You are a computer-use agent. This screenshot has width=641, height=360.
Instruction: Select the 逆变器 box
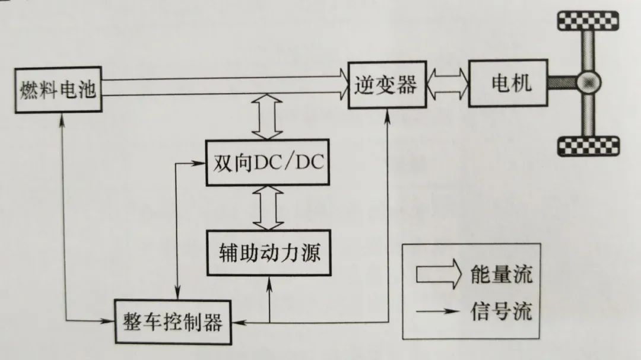click(386, 85)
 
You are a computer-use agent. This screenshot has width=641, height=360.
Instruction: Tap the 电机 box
click(507, 82)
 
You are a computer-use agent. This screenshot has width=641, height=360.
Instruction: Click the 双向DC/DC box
click(267, 163)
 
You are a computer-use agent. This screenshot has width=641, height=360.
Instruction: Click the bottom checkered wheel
click(588, 144)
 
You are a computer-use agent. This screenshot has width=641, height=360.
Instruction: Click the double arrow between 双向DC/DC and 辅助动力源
click(267, 207)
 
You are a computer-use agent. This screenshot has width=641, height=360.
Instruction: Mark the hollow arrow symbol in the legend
click(437, 274)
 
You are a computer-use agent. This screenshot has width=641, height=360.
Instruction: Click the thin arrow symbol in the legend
click(437, 310)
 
